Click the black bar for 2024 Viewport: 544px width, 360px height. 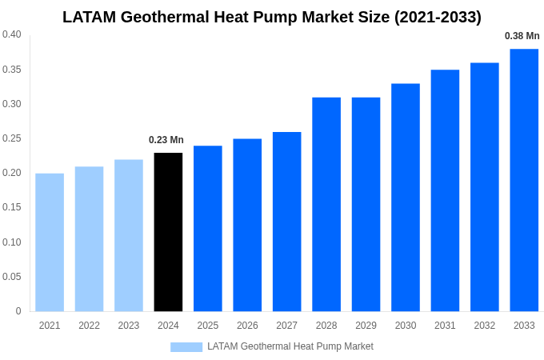(168, 232)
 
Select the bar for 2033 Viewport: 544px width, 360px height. (524, 180)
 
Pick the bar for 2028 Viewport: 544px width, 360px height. (326, 204)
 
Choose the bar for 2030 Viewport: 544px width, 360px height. (406, 198)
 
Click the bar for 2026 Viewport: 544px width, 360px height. (247, 225)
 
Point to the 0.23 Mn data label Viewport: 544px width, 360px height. (166, 140)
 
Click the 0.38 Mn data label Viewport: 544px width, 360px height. (522, 36)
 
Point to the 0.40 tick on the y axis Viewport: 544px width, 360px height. (12, 34)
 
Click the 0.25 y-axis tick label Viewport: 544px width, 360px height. (12, 138)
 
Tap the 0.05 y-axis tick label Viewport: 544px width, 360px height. (12, 277)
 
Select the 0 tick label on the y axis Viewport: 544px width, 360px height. (18, 311)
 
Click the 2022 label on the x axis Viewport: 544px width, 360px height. (89, 326)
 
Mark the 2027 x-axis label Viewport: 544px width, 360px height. (286, 326)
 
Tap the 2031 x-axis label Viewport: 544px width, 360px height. (445, 326)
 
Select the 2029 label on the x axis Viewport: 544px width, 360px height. (366, 326)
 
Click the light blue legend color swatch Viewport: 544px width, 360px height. (186, 347)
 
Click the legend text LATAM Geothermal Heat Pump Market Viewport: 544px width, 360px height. (290, 346)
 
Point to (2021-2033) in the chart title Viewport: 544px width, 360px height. (438, 17)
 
